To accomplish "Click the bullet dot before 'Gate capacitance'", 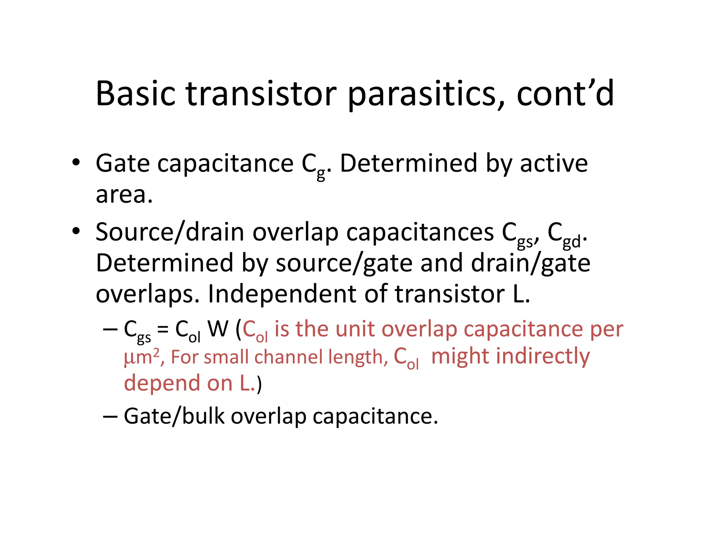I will [x=76, y=163].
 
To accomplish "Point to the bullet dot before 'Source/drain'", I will [x=76, y=231].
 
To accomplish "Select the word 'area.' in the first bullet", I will [x=124, y=195].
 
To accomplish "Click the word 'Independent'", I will [x=282, y=294].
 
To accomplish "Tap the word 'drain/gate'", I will [x=530, y=263].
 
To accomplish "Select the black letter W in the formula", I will [x=218, y=329].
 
